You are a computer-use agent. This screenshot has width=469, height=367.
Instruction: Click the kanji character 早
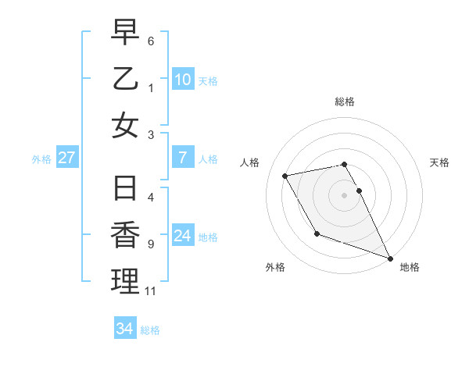coord(125,33)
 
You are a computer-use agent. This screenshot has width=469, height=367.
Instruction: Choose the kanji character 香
coord(125,235)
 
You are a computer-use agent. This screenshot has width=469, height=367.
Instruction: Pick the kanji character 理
coord(125,281)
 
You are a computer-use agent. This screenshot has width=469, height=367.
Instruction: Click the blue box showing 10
coord(183,79)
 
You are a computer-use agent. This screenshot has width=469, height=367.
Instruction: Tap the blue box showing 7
coord(183,158)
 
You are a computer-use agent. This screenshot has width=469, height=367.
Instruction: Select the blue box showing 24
coord(183,236)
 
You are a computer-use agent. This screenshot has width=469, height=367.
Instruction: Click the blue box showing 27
coord(66,158)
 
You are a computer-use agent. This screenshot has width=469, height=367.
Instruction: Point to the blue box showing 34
coord(125,329)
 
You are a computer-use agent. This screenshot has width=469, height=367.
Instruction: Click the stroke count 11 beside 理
coord(151,291)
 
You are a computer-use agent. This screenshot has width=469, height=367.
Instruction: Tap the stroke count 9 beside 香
coord(150,244)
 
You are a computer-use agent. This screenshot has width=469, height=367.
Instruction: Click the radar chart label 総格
coord(345,102)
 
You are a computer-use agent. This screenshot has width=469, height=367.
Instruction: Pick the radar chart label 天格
coord(439,162)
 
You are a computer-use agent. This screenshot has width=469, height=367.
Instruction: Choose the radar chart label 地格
coord(410,267)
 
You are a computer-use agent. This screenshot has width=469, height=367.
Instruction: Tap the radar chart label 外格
coord(275,267)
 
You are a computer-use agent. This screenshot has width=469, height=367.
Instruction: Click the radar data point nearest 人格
coord(285,176)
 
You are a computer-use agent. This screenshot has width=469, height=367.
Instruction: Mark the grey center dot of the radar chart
coord(345,194)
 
